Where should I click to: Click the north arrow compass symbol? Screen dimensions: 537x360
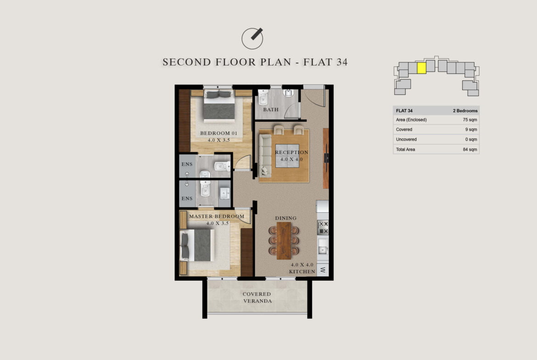252,38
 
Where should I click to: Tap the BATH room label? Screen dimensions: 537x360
270,110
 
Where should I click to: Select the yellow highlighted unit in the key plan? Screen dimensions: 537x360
422,68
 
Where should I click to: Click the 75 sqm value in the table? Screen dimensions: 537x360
470,120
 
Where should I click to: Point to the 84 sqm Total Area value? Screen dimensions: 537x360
470,150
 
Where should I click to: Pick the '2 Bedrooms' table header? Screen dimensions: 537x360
465,111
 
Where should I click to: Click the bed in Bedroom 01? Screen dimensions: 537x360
219,105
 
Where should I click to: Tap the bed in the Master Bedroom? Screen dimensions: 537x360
197,245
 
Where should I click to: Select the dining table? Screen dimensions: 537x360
284,241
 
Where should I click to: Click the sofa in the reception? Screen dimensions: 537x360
265,155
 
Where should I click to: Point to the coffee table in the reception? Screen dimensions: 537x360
287,156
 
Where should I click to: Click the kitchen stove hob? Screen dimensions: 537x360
323,227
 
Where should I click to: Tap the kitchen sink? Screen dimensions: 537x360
323,246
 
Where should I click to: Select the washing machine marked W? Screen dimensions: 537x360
323,270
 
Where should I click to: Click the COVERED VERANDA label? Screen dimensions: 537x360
257,297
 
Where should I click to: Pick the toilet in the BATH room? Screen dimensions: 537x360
263,98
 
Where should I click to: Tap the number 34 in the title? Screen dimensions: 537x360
342,62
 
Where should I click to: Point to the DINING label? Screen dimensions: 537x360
285,218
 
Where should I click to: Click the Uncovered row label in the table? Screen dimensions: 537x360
406,139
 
